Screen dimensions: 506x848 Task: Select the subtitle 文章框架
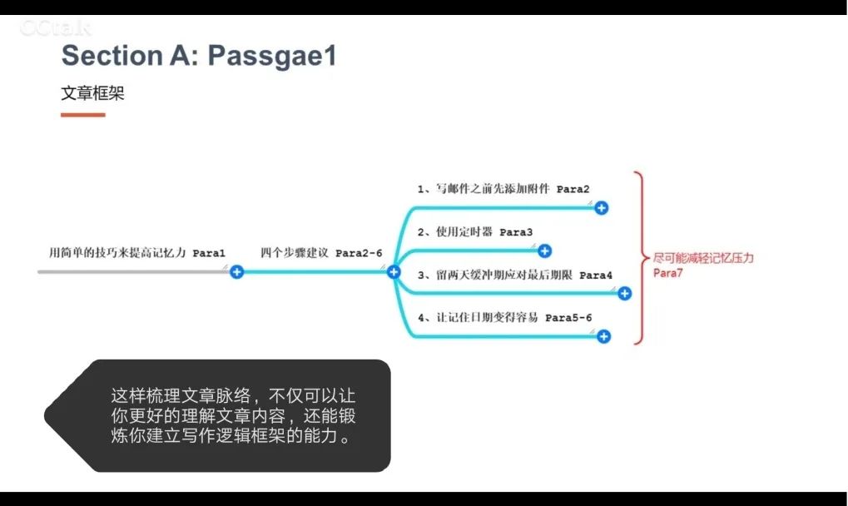pyautogui.click(x=92, y=93)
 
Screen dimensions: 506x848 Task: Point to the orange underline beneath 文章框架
pyautogui.click(x=82, y=115)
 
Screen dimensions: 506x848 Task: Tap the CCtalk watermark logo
pyautogui.click(x=55, y=28)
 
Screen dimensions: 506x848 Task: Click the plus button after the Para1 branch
pyautogui.click(x=236, y=271)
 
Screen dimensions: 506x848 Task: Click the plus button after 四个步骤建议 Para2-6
pyautogui.click(x=394, y=271)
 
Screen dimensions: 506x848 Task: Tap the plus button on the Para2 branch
pyautogui.click(x=602, y=208)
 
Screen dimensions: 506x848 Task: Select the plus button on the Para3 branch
pyautogui.click(x=544, y=251)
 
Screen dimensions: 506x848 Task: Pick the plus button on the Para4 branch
pyautogui.click(x=624, y=293)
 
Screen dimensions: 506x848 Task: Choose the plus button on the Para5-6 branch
pyautogui.click(x=603, y=336)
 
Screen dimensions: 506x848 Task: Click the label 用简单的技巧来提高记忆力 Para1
pyautogui.click(x=137, y=252)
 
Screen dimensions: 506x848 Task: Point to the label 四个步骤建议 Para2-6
pyautogui.click(x=321, y=252)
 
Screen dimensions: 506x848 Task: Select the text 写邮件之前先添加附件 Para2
pyautogui.click(x=503, y=189)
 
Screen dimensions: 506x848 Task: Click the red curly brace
pyautogui.click(x=638, y=258)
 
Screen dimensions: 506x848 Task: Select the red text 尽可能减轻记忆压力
pyautogui.click(x=703, y=258)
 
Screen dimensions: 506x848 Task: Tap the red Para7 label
pyautogui.click(x=667, y=272)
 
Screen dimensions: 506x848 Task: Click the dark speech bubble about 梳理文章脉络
pyautogui.click(x=233, y=415)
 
